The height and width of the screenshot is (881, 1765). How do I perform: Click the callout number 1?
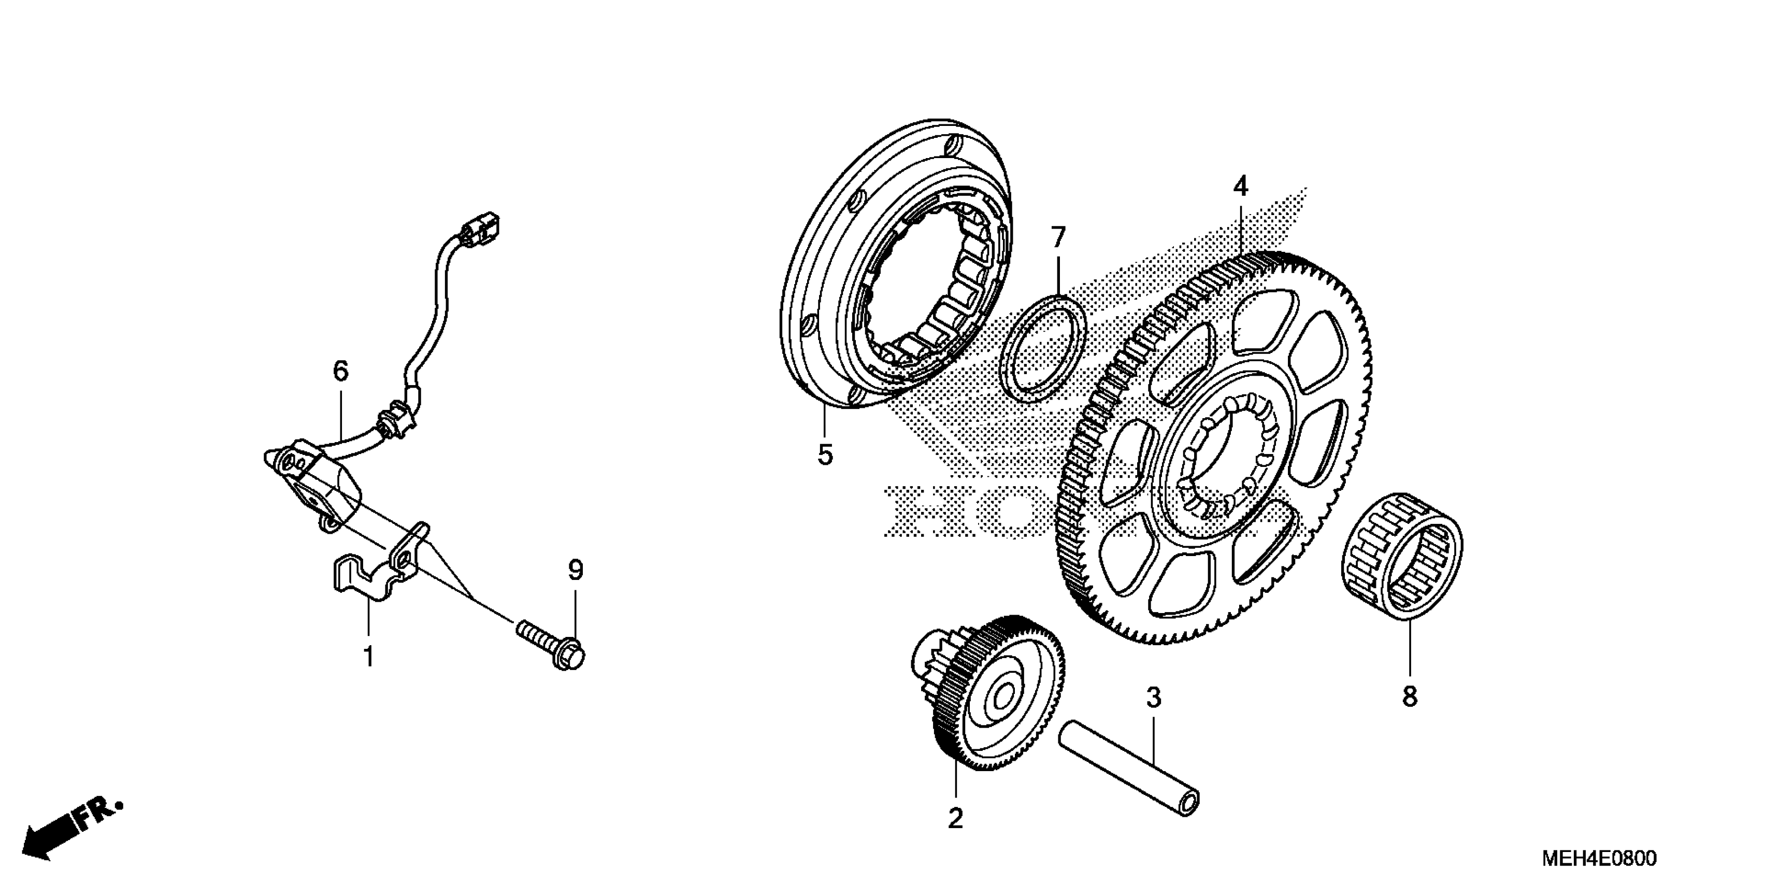click(369, 657)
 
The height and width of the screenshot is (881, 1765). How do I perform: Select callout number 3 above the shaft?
click(1154, 698)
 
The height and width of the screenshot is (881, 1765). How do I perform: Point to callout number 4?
click(1241, 186)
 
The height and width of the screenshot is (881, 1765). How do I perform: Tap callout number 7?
click(1058, 238)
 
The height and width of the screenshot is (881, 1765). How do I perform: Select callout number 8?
click(1410, 697)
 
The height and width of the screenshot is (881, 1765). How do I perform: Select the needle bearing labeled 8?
click(1401, 552)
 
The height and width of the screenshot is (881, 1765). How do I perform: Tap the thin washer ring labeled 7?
click(1043, 348)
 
